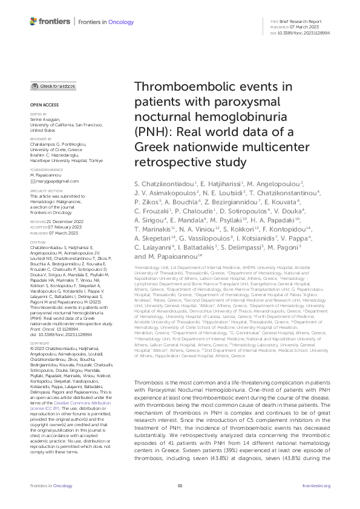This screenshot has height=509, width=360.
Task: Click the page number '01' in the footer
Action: pos(180,486)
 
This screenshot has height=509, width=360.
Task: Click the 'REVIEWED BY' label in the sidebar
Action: pos(41,138)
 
